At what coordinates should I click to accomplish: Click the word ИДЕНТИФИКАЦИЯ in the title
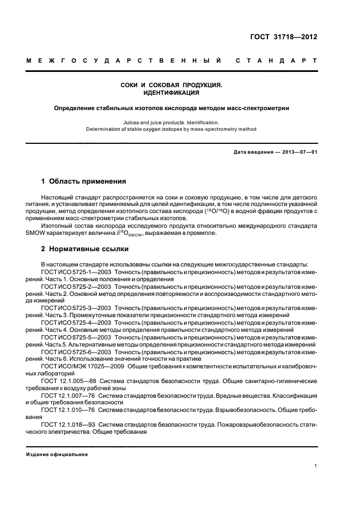180,93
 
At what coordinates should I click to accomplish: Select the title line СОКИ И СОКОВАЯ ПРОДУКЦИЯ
180,86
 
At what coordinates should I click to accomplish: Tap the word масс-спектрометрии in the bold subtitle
258,108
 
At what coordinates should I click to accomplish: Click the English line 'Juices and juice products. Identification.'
180,123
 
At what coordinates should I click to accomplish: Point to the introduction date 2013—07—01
298,152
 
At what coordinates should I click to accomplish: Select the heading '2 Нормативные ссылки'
85,249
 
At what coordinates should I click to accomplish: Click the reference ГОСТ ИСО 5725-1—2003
74,271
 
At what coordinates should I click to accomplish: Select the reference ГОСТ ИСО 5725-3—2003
74,308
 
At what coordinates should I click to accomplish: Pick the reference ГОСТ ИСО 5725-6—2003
74,352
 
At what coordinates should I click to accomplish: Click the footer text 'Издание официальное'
57,454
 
